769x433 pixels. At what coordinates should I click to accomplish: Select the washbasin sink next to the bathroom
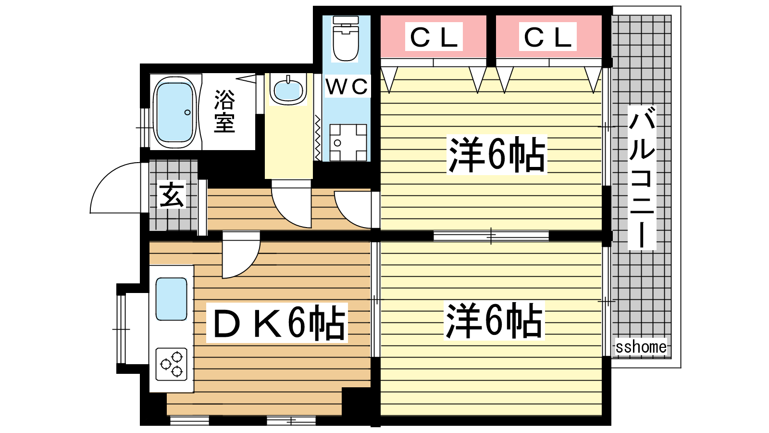click(x=287, y=89)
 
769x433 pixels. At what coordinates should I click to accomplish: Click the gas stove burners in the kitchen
click(x=172, y=364)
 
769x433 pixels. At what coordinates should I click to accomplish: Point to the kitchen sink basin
click(x=171, y=299)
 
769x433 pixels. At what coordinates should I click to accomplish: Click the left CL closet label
click(x=434, y=37)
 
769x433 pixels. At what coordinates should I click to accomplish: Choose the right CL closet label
click(x=548, y=37)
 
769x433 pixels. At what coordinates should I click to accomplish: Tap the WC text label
click(x=347, y=87)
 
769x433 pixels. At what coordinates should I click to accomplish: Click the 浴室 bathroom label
click(x=224, y=111)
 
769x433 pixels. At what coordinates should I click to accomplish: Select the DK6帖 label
click(x=277, y=323)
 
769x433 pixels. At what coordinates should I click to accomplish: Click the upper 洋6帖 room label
click(x=497, y=155)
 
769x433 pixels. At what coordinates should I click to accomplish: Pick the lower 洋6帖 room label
click(x=494, y=320)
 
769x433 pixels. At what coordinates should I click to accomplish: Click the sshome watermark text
click(x=641, y=347)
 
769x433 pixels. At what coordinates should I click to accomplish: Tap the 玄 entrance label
click(x=172, y=195)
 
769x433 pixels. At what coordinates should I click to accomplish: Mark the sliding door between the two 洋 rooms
click(x=491, y=236)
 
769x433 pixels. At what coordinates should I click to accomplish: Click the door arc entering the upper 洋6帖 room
click(x=353, y=211)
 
